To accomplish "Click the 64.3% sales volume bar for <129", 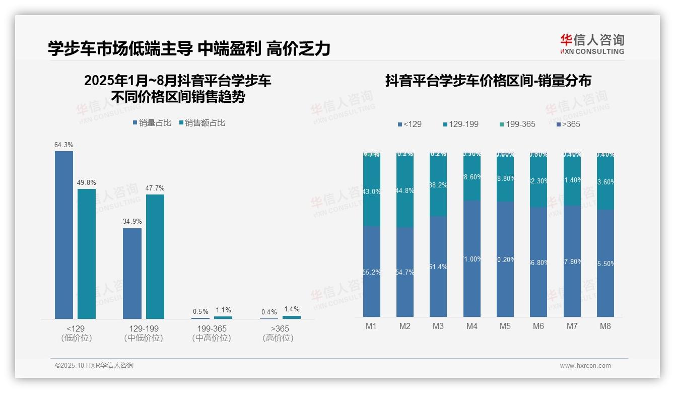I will pos(64,235).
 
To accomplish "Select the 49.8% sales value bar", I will pos(87,253).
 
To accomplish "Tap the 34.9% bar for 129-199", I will pos(132,273).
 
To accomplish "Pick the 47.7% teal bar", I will pos(155,256).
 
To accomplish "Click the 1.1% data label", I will pos(223,310).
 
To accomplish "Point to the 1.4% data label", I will pos(291,309).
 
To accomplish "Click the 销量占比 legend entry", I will pos(152,123).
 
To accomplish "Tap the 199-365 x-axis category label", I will pos(212,329).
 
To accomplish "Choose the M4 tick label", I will pos(471,326).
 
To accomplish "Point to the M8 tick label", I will pos(605,326).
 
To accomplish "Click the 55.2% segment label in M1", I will pos(372,272).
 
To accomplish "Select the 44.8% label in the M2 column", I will pos(405,190).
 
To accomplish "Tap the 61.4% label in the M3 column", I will pos(438,267).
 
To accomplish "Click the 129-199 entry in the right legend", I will pos(460,124).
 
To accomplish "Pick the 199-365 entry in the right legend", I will pos(517,124).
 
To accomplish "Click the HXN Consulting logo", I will pos(592,44).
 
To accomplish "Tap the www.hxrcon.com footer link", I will pos(585,366).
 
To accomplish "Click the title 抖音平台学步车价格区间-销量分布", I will pos(488,81).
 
